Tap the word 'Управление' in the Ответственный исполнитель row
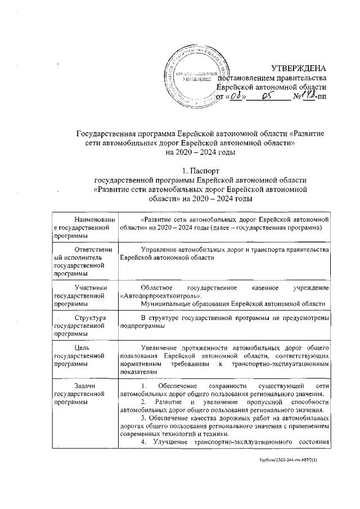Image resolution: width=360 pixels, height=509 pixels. (x=161, y=249)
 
